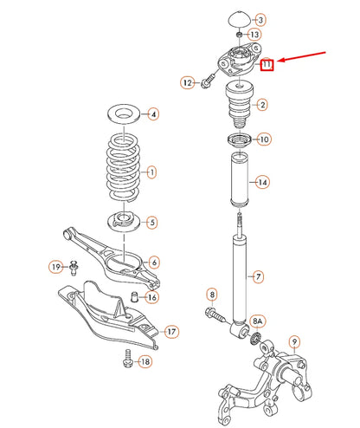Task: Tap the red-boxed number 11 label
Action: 267,64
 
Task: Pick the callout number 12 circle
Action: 187,82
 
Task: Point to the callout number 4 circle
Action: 152,113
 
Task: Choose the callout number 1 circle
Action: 152,172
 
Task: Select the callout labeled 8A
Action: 257,321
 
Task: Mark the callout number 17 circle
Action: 170,331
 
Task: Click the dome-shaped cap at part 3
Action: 237,19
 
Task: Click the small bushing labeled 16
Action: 134,298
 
